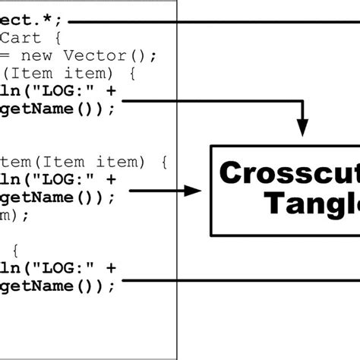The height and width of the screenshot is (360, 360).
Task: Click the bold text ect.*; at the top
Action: [30, 21]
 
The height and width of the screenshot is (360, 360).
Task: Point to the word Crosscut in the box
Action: [289, 173]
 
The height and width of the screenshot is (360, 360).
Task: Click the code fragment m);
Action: [14, 215]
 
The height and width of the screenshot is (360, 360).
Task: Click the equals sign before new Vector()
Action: [5, 55]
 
